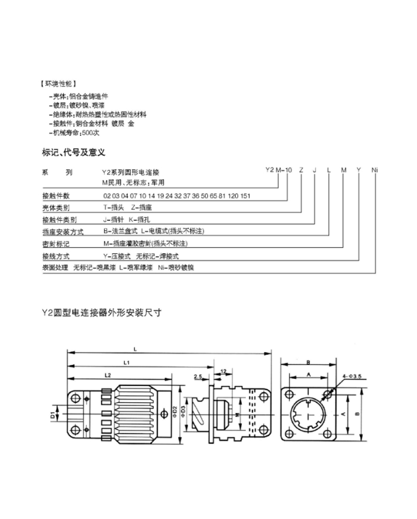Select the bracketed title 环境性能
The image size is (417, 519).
click(x=58, y=83)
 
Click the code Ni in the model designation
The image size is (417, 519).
click(x=374, y=170)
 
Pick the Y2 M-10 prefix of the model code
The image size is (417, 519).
click(x=279, y=170)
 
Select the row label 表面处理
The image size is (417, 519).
click(x=55, y=267)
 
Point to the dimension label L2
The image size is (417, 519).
click(x=108, y=374)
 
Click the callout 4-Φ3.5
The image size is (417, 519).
click(x=352, y=376)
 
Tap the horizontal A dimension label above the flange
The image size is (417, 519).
click(x=308, y=374)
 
